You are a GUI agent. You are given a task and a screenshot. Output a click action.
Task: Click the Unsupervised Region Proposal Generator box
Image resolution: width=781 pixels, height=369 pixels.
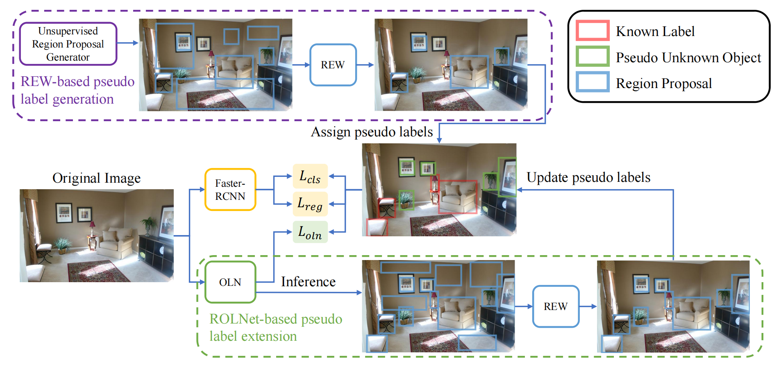point(68,44)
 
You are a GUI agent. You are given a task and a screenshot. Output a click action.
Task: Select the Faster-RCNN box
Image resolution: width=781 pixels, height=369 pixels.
point(230,190)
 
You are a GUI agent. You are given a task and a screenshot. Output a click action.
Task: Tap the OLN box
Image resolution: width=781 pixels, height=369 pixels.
point(230,282)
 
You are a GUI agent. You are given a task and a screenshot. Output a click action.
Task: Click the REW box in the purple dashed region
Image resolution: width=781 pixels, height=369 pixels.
point(333,65)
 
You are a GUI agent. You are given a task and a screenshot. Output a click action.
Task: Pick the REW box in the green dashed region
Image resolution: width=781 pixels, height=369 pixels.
point(556,306)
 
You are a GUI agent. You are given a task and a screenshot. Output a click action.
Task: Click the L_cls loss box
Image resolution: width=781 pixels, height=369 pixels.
point(310,177)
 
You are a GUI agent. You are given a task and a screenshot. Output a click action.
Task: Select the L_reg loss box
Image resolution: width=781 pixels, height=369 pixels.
point(310,204)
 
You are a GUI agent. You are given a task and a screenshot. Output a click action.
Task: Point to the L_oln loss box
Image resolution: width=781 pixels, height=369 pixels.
point(310,232)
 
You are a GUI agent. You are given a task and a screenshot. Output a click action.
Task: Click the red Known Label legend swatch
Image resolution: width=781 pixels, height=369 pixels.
point(593,31)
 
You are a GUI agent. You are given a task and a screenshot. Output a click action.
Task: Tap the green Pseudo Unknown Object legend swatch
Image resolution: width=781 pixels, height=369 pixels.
point(593,57)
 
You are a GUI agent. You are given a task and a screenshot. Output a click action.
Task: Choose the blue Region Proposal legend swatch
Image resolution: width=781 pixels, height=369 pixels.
point(593,82)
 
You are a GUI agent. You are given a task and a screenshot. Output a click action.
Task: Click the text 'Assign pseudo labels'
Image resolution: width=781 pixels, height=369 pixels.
point(372,132)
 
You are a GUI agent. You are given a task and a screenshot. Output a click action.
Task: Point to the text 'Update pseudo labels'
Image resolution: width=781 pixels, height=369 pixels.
point(588,177)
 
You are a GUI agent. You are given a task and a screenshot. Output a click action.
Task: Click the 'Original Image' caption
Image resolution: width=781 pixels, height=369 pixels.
point(96,178)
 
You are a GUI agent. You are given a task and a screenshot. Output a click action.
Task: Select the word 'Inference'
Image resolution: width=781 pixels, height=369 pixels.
point(308,282)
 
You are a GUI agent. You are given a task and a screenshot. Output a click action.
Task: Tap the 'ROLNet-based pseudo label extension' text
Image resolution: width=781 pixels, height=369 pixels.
point(275,327)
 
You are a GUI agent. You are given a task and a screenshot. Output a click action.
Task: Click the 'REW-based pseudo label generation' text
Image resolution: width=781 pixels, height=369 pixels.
point(77,90)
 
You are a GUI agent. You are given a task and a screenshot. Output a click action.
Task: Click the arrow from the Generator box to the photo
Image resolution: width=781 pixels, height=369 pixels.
point(127,43)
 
